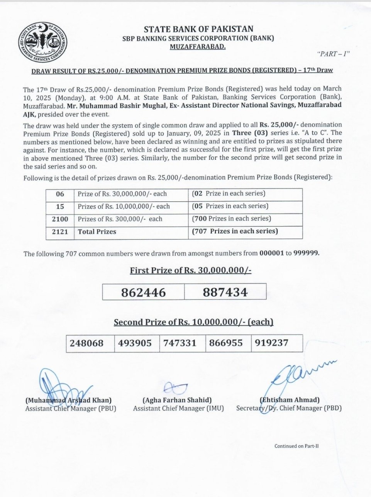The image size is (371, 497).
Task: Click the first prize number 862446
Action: pos(143,292)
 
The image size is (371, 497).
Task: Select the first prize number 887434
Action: pos(225,292)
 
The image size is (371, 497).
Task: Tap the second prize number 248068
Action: pos(87,343)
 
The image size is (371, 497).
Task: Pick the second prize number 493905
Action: pos(135,343)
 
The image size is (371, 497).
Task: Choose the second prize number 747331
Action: pos(180,343)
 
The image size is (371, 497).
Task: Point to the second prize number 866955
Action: pos(227,343)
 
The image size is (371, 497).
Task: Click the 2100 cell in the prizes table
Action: pos(60,219)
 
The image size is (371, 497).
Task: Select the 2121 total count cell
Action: pos(60,232)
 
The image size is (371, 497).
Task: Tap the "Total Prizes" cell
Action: pos(97,232)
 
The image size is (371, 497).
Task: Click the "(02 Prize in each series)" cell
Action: pos(229,194)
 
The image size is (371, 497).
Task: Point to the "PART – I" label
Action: pos(333,54)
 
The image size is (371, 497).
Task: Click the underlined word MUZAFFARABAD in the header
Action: pos(198,47)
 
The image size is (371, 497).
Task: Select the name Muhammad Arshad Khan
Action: pos(68,400)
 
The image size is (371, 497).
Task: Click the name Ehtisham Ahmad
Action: pos(290,400)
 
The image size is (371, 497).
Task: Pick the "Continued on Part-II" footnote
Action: pos(296,446)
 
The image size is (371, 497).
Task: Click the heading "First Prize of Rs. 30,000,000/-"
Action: pos(190,270)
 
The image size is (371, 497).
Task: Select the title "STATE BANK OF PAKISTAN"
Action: pos(198,29)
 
